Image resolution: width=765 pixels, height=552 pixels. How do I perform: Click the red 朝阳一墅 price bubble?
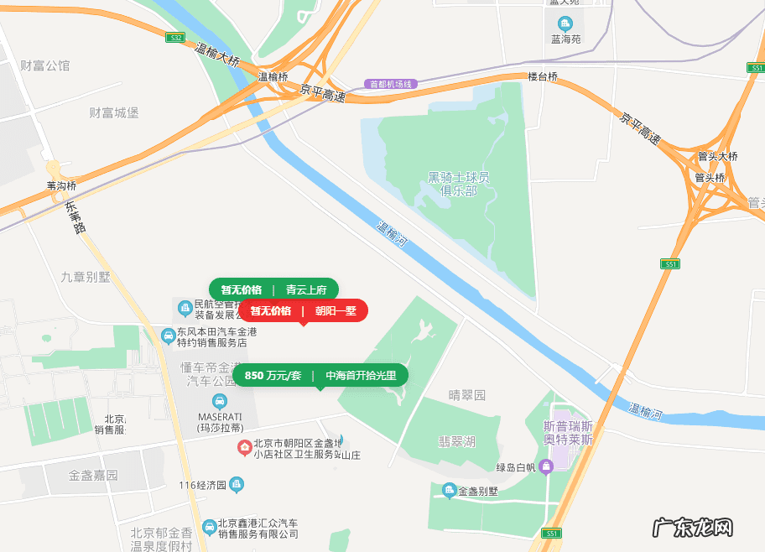(x=303, y=310)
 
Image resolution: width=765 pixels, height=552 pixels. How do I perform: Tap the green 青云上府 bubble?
(x=273, y=289)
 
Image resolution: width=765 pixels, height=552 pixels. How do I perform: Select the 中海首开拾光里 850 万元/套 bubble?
(x=320, y=375)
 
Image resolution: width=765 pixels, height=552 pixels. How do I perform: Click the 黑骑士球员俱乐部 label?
(x=458, y=184)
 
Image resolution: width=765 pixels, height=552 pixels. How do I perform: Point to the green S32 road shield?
(x=174, y=38)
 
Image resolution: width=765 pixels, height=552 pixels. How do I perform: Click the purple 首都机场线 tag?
(x=391, y=84)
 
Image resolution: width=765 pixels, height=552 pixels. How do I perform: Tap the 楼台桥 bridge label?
(x=542, y=76)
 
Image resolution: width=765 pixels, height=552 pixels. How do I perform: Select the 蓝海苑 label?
(x=565, y=39)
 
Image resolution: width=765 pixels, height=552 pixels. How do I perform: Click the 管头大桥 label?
(x=717, y=156)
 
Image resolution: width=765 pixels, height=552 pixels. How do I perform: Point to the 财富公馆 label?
(x=45, y=65)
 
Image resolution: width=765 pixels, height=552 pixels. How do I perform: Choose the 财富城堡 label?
(x=114, y=112)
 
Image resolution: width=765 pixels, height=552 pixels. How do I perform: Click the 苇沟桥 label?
(x=61, y=185)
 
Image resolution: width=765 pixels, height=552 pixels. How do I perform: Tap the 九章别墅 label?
(x=86, y=277)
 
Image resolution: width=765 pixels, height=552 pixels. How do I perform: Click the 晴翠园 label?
(x=467, y=395)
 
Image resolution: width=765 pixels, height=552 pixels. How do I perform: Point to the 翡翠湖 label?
(x=457, y=441)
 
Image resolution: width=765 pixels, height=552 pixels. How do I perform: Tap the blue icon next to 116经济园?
(x=237, y=484)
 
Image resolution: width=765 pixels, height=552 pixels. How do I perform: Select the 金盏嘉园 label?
(x=93, y=475)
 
